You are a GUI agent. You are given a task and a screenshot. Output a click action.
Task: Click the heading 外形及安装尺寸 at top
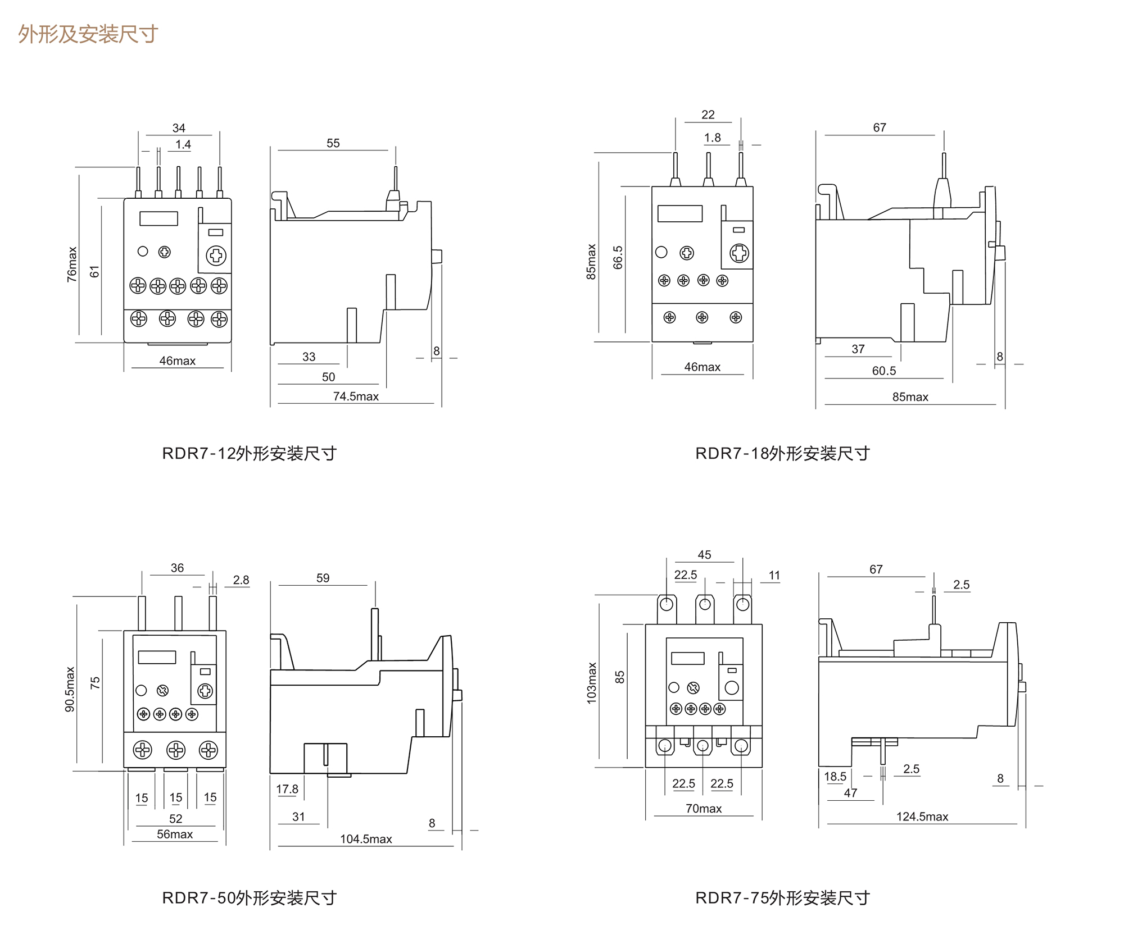88,34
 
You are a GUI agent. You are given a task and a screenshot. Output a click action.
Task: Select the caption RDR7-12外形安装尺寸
249,453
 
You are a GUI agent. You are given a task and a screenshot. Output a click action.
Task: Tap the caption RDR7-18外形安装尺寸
782,453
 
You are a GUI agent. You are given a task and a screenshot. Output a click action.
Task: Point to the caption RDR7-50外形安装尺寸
249,898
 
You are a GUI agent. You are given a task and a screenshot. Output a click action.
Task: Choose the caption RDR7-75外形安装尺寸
782,898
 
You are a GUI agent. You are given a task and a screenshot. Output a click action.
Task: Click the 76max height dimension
72,264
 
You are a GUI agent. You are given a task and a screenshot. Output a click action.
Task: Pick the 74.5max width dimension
356,396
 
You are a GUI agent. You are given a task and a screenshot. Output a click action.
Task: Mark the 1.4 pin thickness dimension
183,144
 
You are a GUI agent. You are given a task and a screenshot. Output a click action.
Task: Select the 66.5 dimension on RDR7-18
618,257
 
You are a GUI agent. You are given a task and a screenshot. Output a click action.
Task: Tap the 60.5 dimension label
883,371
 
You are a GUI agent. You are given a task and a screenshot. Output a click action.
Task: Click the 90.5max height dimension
70,689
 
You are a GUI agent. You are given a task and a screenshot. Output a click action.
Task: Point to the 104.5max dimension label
366,839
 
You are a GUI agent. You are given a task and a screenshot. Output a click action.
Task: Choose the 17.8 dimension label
287,789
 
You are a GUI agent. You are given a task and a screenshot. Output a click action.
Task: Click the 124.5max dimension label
922,817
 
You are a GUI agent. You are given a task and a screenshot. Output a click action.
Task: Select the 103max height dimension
592,683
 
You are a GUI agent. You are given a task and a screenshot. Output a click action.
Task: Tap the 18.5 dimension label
835,777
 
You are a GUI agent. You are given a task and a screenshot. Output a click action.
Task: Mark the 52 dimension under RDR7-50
176,819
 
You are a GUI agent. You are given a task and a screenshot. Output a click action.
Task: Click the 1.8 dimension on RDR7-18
713,138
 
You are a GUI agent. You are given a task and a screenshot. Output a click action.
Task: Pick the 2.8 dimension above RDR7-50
241,580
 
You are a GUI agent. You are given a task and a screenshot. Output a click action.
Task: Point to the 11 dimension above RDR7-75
774,576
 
